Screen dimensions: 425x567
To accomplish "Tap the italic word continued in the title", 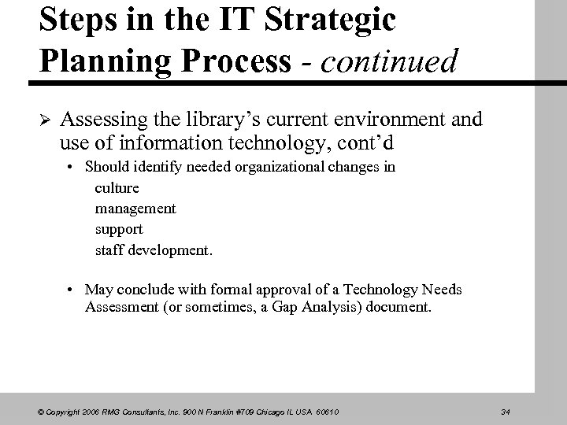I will click(388, 61).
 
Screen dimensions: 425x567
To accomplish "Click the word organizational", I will click(289, 167).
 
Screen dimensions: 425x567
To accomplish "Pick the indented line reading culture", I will click(117, 188).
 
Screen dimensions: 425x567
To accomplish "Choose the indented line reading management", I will click(135, 209).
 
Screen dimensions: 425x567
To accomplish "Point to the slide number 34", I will click(505, 411).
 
